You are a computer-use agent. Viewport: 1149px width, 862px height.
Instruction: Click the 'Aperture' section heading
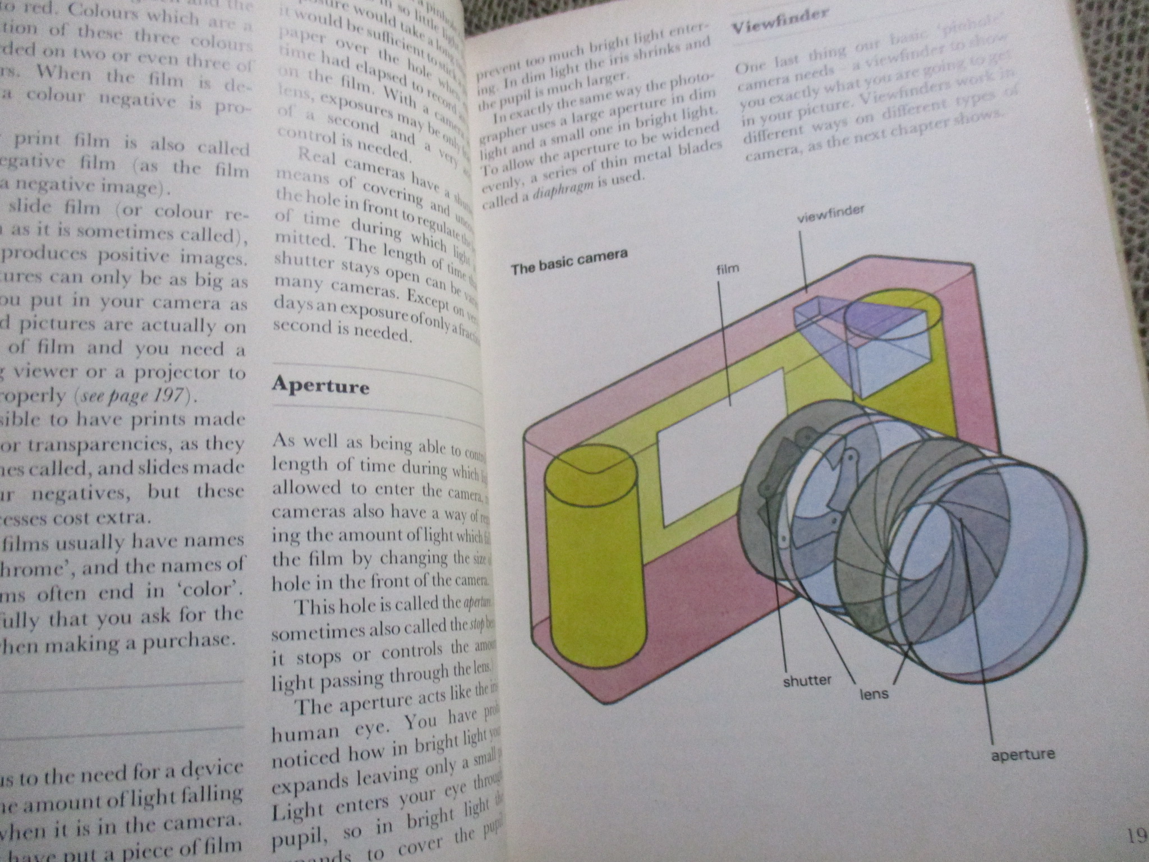click(x=320, y=386)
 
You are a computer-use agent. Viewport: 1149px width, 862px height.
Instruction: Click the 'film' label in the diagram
click(x=728, y=269)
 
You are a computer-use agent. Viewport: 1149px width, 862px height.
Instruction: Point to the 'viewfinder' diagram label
click(x=830, y=214)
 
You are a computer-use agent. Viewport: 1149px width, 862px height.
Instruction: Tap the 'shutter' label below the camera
click(x=807, y=681)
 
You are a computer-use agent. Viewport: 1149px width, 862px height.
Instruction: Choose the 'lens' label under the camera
click(x=874, y=694)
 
